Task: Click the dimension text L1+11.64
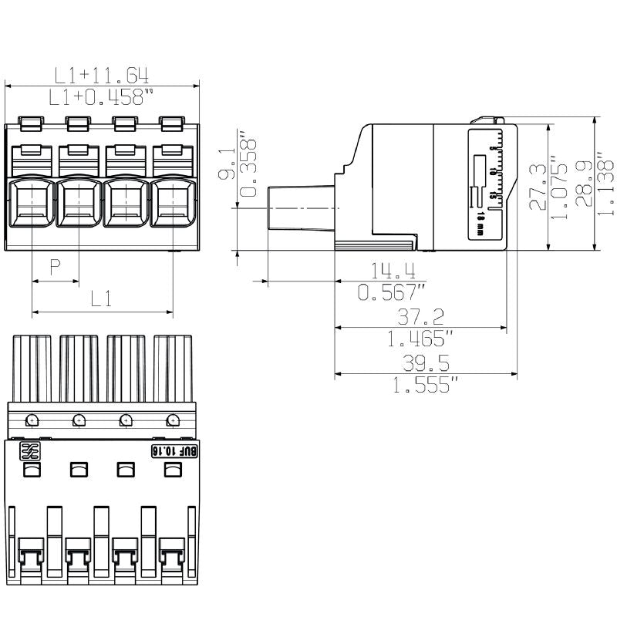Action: coord(101,75)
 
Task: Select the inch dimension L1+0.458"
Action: coord(101,98)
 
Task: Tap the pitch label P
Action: coord(56,268)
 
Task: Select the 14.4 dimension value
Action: coord(393,271)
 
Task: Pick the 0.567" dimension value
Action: coord(393,292)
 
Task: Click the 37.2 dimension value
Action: coord(420,316)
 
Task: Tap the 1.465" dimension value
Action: coord(420,338)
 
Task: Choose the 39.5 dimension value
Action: coord(426,364)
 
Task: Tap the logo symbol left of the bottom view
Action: coord(29,452)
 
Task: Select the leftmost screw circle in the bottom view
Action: coord(31,420)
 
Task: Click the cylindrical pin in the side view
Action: coord(301,208)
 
